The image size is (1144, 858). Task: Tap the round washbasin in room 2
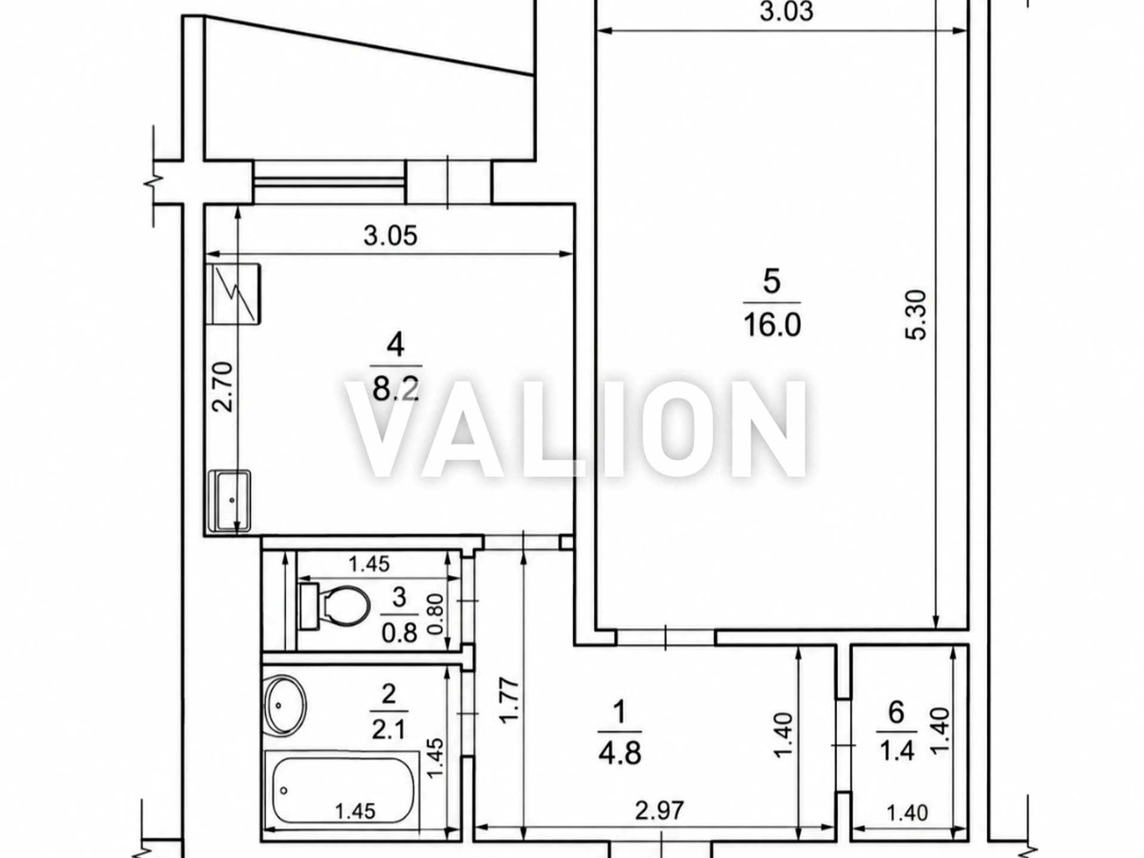285,705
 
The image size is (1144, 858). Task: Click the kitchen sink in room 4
229,500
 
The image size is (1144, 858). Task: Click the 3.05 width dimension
390,235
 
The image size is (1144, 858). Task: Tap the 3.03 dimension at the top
786,11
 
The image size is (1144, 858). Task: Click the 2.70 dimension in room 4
223,387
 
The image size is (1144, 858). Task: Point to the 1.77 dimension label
509,701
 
